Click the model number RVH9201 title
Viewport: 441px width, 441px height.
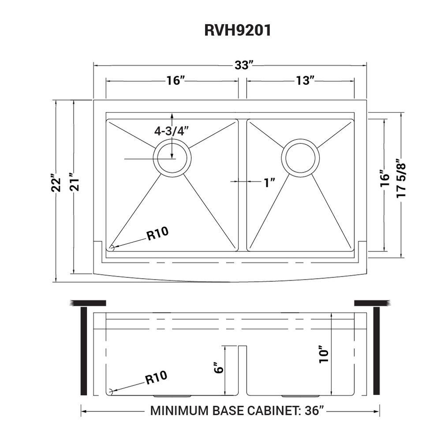pos(237,30)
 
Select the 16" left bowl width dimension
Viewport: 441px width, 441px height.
pos(175,81)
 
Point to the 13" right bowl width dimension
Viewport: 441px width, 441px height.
pos(305,81)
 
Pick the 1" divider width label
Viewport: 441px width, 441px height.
pos(269,183)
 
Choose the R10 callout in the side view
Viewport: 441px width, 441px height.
pos(156,378)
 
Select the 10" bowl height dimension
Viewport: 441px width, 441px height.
pos(324,354)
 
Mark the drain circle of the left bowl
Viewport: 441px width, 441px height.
pos(172,157)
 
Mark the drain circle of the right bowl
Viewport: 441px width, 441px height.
pos(301,157)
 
